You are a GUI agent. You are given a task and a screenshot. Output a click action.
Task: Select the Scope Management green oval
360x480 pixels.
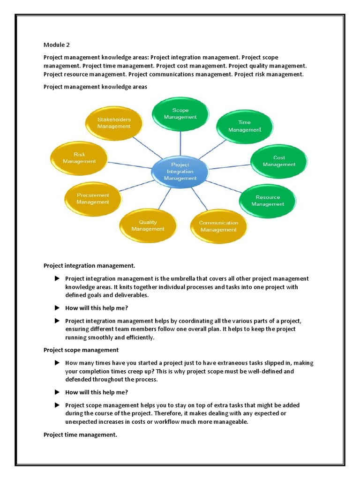point(180,113)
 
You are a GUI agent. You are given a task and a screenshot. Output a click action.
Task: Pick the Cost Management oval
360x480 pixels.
point(279,161)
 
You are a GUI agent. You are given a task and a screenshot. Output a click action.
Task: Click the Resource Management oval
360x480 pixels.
point(268,201)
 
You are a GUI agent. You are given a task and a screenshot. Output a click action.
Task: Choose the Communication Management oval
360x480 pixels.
point(218,226)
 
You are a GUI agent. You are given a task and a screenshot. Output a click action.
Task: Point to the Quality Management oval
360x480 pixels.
point(148,225)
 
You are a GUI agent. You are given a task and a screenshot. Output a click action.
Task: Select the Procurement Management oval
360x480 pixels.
point(93,198)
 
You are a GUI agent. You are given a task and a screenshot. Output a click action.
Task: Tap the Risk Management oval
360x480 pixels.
point(79,157)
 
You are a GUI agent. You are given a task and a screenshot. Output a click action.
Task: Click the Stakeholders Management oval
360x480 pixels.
point(114,123)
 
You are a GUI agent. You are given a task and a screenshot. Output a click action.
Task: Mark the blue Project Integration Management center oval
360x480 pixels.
point(180,172)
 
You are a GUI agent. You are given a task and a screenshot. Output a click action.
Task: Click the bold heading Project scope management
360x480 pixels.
point(81,350)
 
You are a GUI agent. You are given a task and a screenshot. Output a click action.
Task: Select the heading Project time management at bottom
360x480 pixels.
point(80,435)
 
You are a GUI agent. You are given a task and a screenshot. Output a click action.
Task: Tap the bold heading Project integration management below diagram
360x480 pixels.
point(89,266)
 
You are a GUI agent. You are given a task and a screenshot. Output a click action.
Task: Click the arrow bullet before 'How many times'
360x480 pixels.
point(57,363)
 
